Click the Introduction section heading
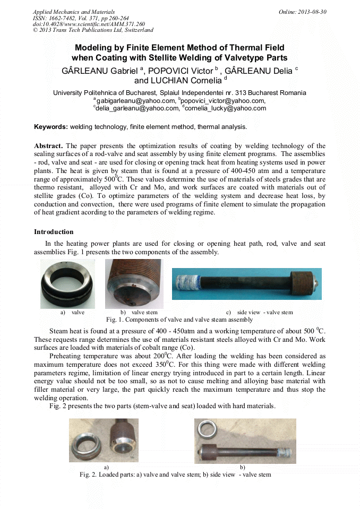click(x=54, y=232)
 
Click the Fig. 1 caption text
click(x=179, y=320)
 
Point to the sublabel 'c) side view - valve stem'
click(x=260, y=312)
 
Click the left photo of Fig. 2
click(x=104, y=440)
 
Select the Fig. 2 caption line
click(x=175, y=474)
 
